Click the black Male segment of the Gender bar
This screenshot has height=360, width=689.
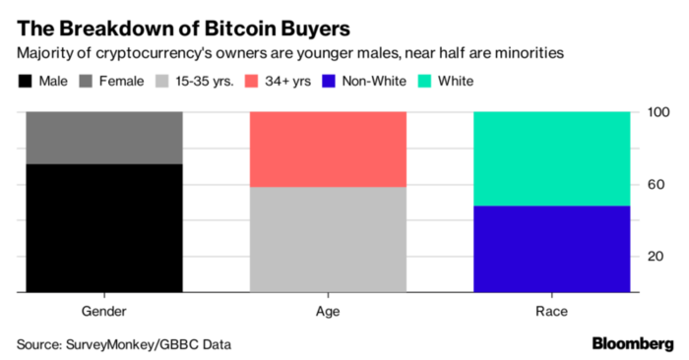click(104, 228)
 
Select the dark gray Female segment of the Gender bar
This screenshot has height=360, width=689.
click(104, 138)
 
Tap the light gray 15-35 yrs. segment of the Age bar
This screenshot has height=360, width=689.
click(329, 239)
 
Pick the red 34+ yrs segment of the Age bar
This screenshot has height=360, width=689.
click(329, 149)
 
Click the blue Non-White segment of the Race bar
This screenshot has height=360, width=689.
click(552, 249)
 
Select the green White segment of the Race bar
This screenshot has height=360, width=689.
click(552, 158)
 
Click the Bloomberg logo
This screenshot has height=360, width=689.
click(632, 343)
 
